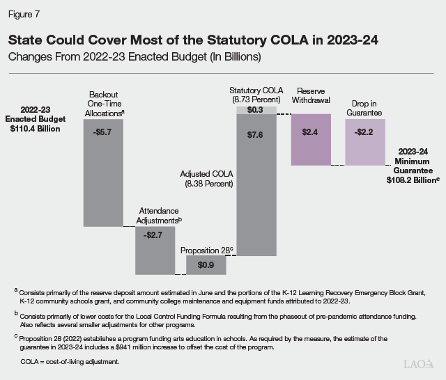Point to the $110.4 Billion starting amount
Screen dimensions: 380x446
coord(35,129)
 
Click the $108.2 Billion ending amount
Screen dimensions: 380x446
coord(411,179)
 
